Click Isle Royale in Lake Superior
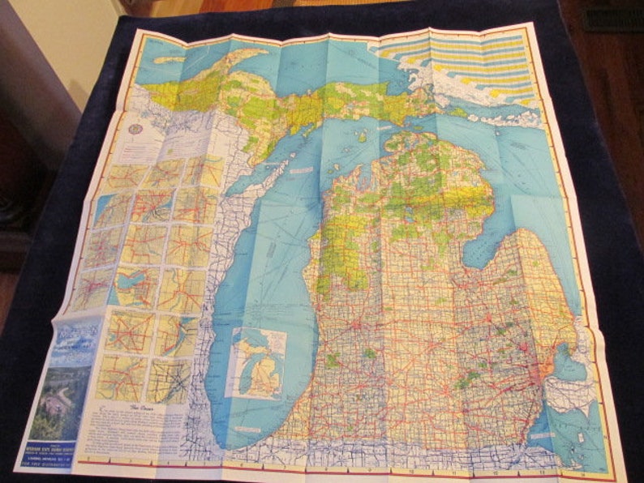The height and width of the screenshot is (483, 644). [x=171, y=59]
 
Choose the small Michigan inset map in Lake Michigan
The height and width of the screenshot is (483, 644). [x=257, y=361]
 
